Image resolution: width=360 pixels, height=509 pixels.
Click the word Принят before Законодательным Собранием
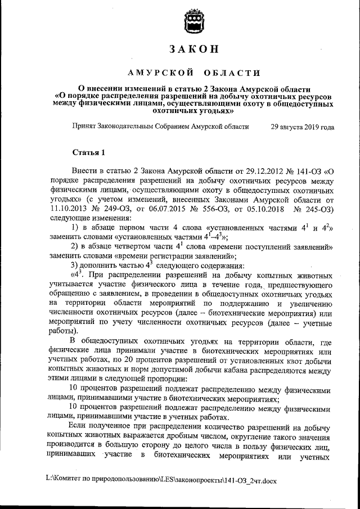pyautogui.click(x=83, y=127)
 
